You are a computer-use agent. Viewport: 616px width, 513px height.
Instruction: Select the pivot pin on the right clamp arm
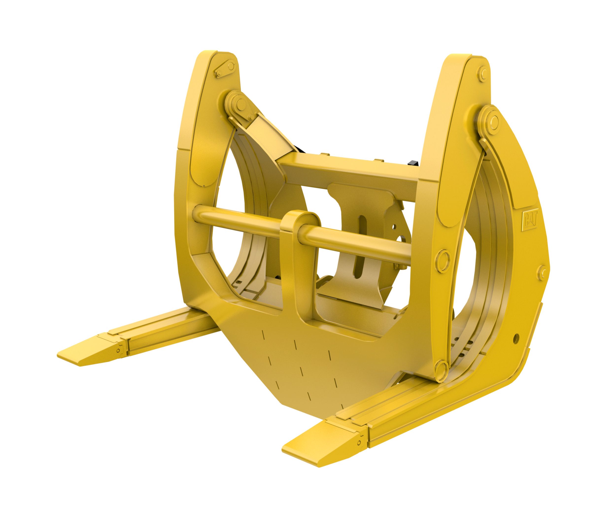(493, 120)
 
